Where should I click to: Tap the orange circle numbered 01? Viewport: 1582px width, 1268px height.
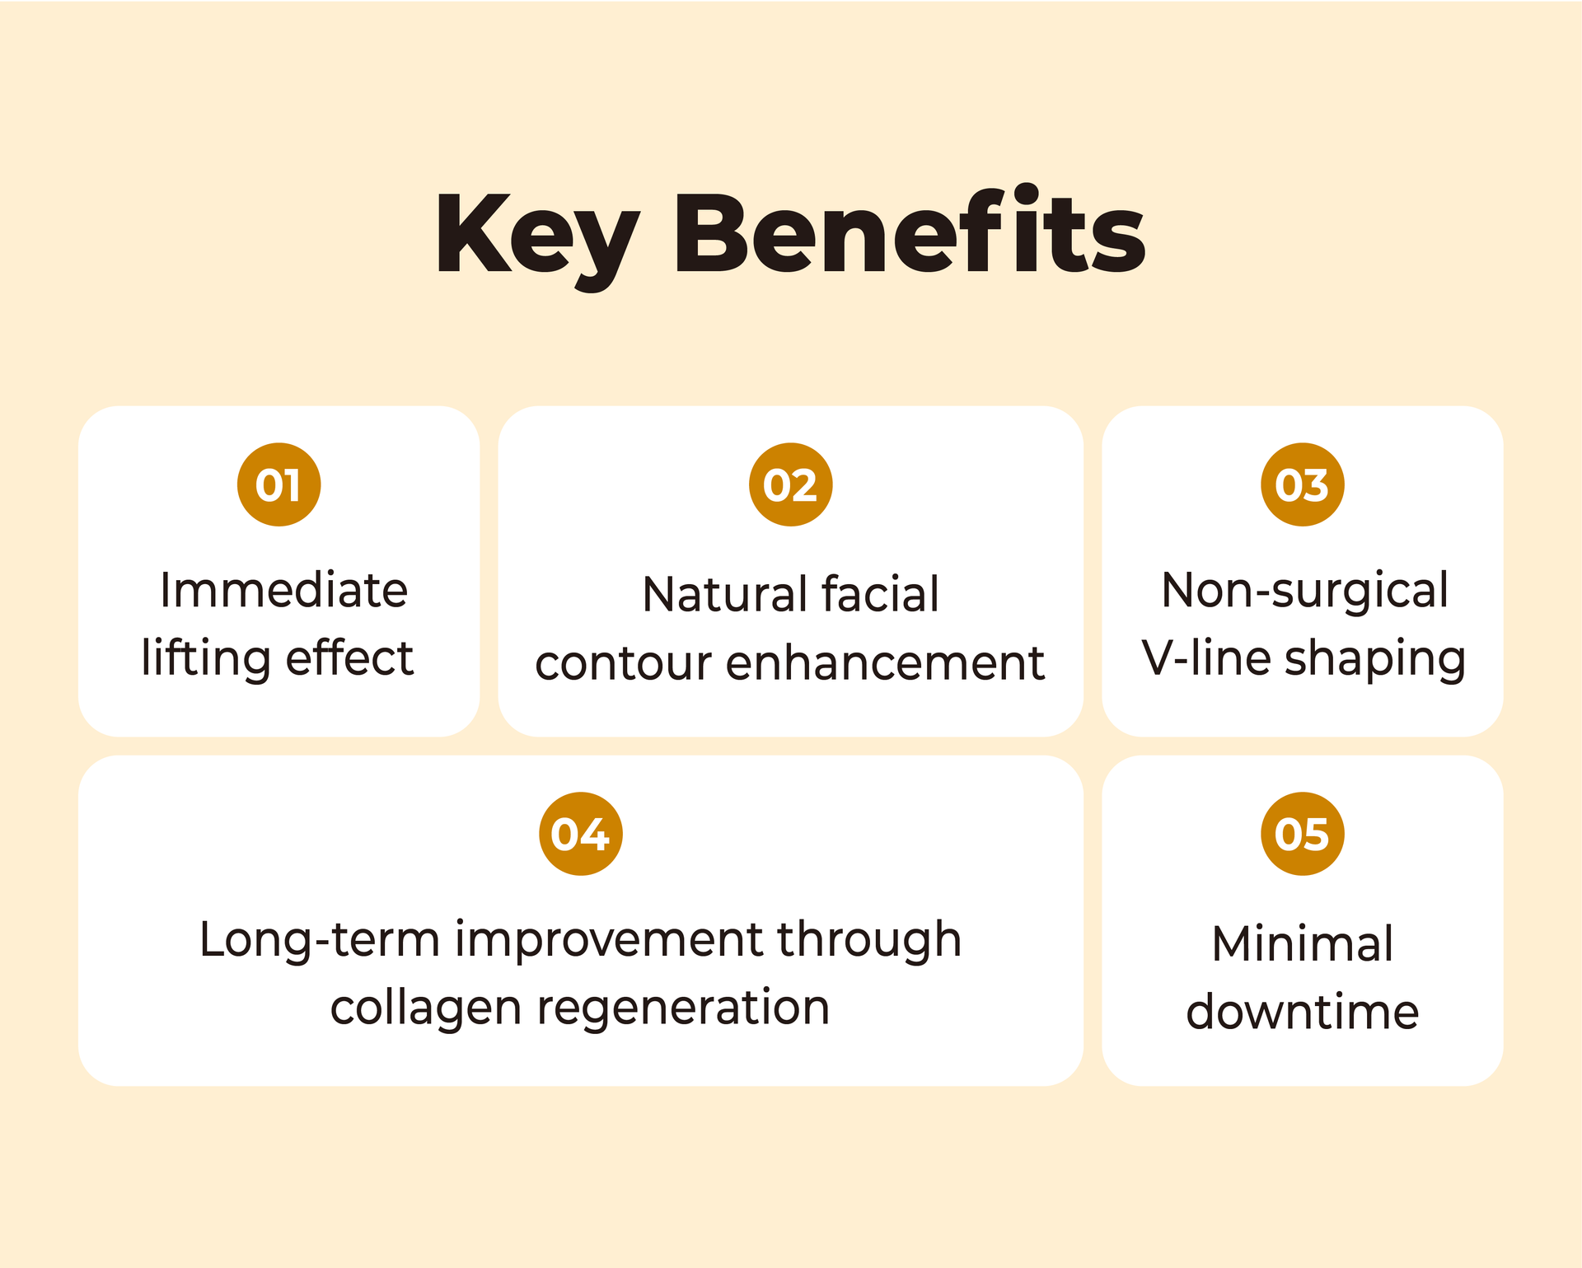tap(278, 484)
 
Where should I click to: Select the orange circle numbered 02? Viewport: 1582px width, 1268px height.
tap(790, 484)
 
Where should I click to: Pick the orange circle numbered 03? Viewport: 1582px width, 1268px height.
tap(1302, 484)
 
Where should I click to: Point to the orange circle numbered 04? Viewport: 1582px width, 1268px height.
tap(581, 834)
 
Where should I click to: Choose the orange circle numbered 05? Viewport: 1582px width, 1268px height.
tap(1302, 834)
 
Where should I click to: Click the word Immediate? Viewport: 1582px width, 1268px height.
tap(284, 590)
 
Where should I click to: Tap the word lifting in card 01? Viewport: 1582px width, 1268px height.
tap(206, 659)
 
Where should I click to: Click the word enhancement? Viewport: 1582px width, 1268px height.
tap(885, 663)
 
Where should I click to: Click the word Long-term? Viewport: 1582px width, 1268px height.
tap(320, 940)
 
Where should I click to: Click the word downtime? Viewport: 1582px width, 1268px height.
tap(1302, 1012)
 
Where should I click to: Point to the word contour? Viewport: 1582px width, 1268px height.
tap(623, 665)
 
